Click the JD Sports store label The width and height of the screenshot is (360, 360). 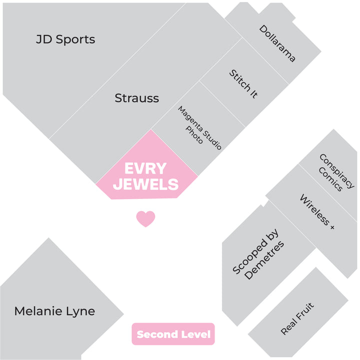pyautogui.click(x=65, y=39)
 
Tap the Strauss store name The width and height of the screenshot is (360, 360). pyautogui.click(x=137, y=98)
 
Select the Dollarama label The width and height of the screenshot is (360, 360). pyautogui.click(x=277, y=43)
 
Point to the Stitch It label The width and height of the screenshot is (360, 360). pyautogui.click(x=243, y=84)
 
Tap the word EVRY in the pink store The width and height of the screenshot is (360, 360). pyautogui.click(x=145, y=168)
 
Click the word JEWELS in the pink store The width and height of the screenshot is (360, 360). pyautogui.click(x=145, y=184)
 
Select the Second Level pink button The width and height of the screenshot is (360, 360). pyautogui.click(x=173, y=334)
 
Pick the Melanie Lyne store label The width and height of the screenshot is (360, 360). pyautogui.click(x=54, y=311)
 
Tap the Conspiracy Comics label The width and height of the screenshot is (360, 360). pyautogui.click(x=336, y=172)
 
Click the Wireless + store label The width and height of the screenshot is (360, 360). pyautogui.click(x=317, y=211)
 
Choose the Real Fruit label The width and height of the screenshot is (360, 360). pyautogui.click(x=297, y=318)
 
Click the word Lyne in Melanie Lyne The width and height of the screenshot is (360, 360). pyautogui.click(x=80, y=312)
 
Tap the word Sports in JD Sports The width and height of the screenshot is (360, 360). pyautogui.click(x=75, y=40)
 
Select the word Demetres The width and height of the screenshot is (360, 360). pyautogui.click(x=264, y=260)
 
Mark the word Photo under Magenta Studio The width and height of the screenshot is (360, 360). pyautogui.click(x=194, y=135)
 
